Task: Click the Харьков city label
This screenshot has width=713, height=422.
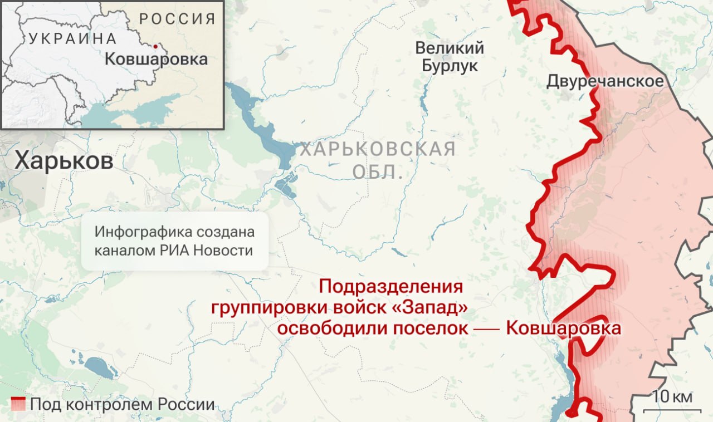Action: (64, 161)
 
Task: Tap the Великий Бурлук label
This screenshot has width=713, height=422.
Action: (450, 57)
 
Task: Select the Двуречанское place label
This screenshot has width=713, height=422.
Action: (605, 81)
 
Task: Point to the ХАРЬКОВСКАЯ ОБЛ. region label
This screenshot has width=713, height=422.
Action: (378, 160)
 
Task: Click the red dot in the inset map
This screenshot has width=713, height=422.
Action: (155, 46)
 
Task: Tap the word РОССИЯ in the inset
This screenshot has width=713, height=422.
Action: (177, 18)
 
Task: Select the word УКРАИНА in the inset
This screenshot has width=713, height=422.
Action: (72, 38)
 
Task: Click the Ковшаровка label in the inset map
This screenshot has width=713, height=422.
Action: (156, 59)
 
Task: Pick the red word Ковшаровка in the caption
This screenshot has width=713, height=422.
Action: (563, 327)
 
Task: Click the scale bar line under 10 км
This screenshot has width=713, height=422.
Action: (668, 411)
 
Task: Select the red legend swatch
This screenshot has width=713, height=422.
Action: (18, 404)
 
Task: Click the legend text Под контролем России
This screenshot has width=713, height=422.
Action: (122, 404)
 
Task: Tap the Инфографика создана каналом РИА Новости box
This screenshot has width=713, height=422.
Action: (174, 241)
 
